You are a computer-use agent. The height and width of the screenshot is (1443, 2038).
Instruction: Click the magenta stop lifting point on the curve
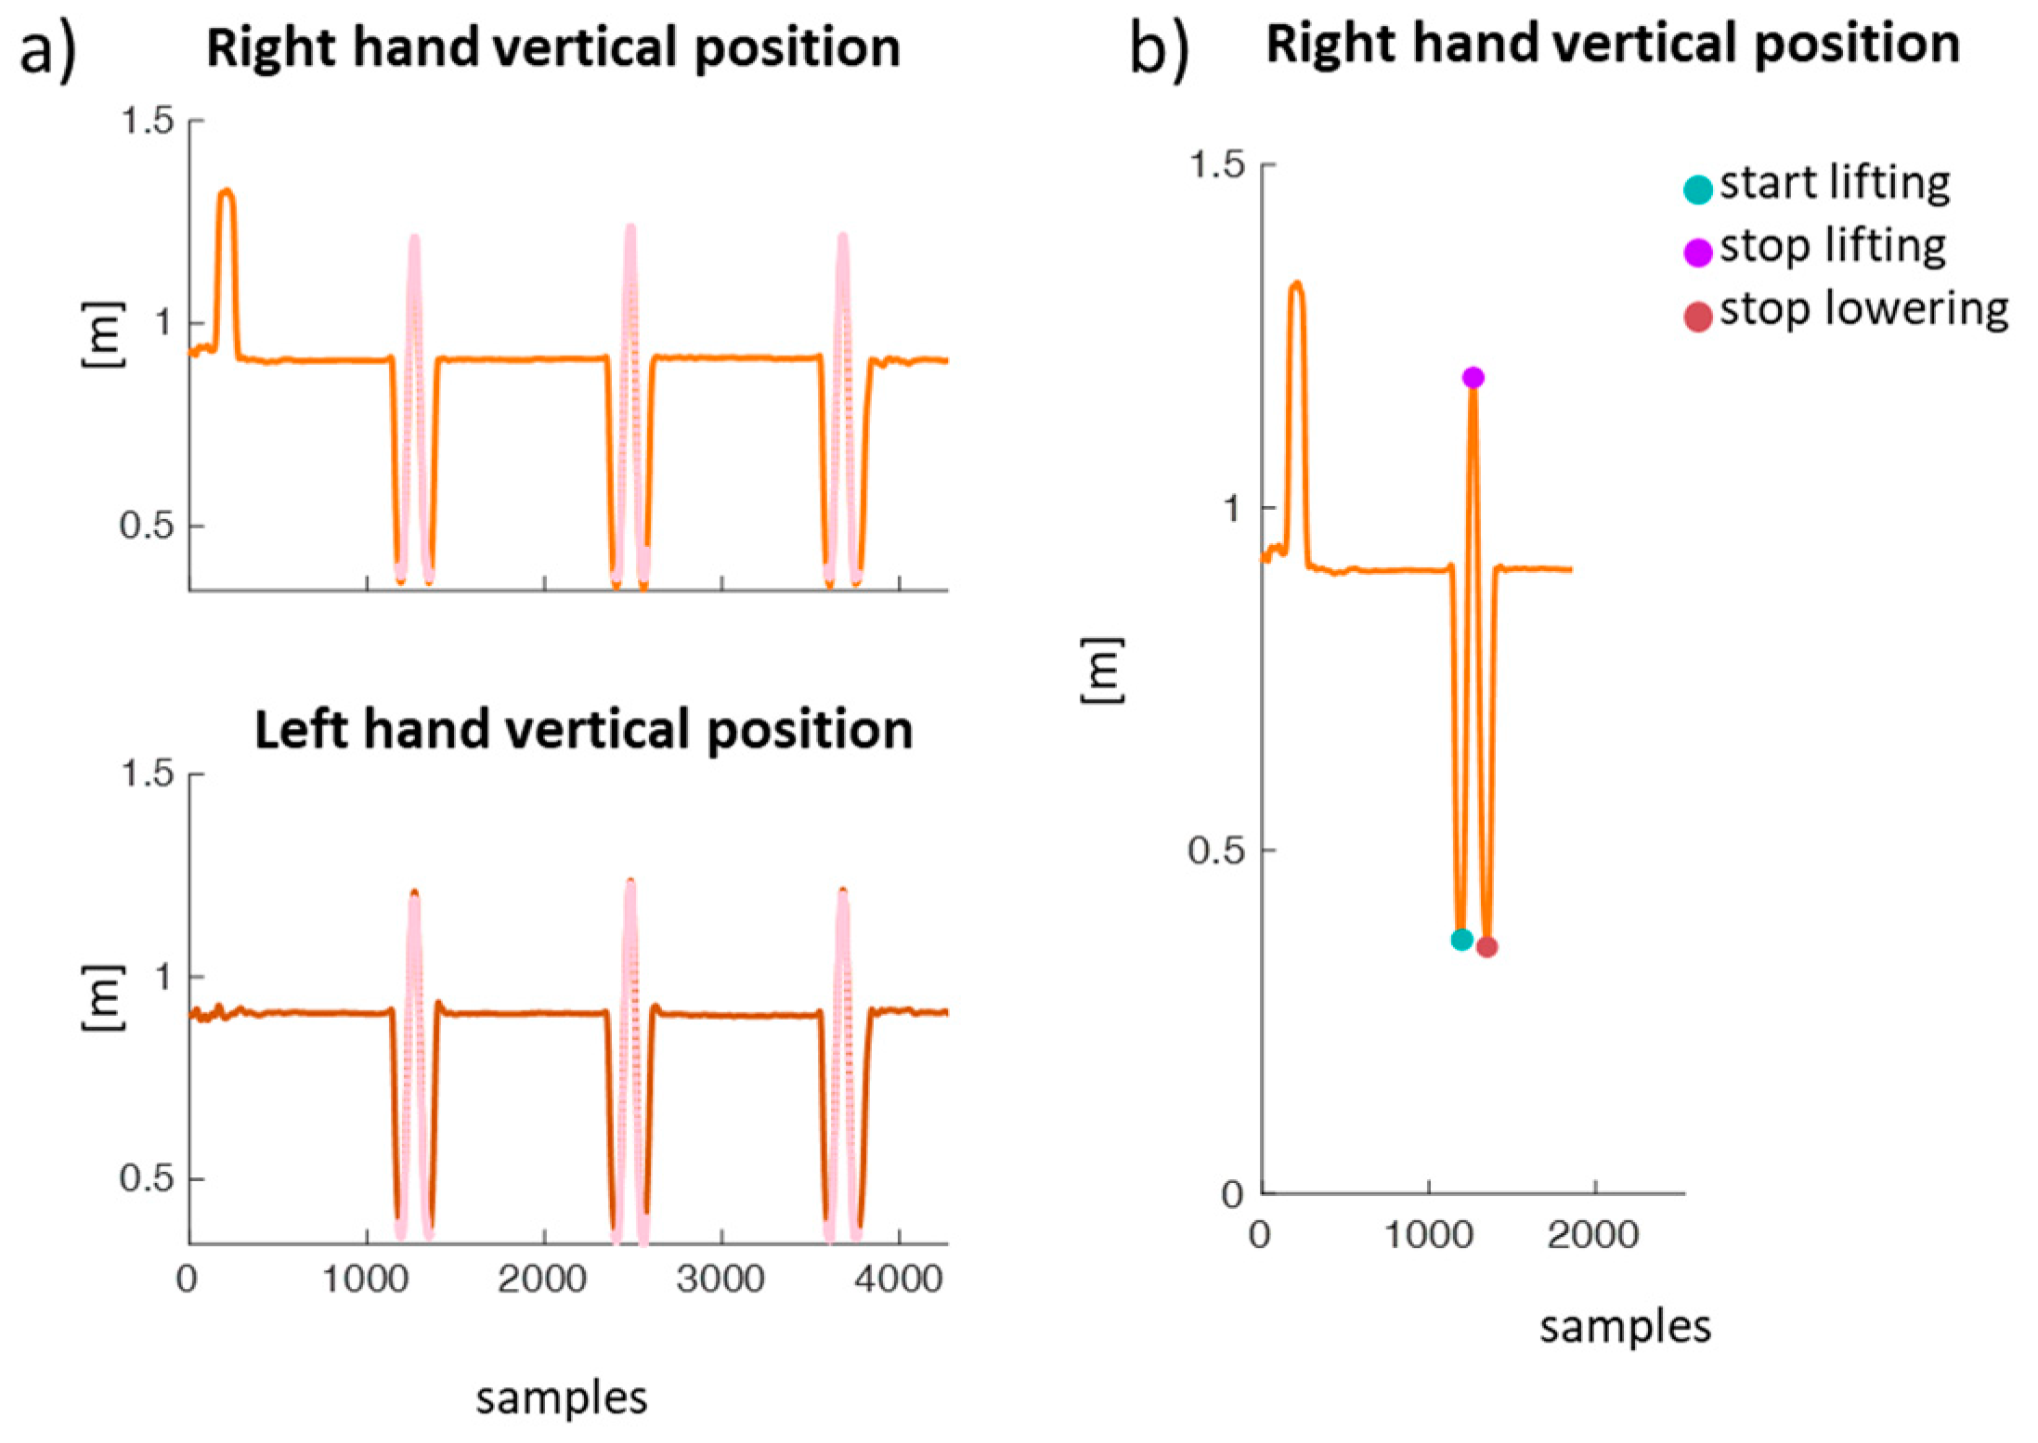point(1473,377)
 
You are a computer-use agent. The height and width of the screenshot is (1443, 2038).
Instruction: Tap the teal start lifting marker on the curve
point(1461,939)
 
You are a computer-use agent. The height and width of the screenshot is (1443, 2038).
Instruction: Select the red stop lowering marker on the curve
point(1486,946)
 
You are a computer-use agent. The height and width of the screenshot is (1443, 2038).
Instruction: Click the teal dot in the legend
point(1697,189)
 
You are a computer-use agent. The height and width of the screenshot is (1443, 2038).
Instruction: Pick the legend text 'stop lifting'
point(1833,247)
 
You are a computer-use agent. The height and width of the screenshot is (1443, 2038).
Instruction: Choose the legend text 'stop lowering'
point(1863,309)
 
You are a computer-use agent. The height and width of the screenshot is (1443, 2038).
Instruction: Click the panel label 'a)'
point(48,51)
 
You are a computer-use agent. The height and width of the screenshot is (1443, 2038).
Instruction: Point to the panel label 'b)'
point(1159,48)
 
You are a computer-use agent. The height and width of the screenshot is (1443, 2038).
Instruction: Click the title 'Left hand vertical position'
point(583,730)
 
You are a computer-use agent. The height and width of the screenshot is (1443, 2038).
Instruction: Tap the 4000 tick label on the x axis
point(898,1280)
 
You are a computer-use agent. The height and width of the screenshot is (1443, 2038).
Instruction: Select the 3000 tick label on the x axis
point(720,1280)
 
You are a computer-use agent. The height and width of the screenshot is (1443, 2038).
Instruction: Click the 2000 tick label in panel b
point(1593,1235)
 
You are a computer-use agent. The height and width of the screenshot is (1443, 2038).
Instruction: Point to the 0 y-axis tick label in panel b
point(1232,1194)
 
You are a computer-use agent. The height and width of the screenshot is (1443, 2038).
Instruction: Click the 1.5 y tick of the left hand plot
point(149,773)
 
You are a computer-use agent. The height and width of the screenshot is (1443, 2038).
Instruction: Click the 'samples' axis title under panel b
point(1625,1327)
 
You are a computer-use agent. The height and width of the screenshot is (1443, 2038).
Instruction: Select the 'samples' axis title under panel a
point(561,1397)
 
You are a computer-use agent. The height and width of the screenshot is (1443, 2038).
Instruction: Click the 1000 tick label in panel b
point(1428,1235)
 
